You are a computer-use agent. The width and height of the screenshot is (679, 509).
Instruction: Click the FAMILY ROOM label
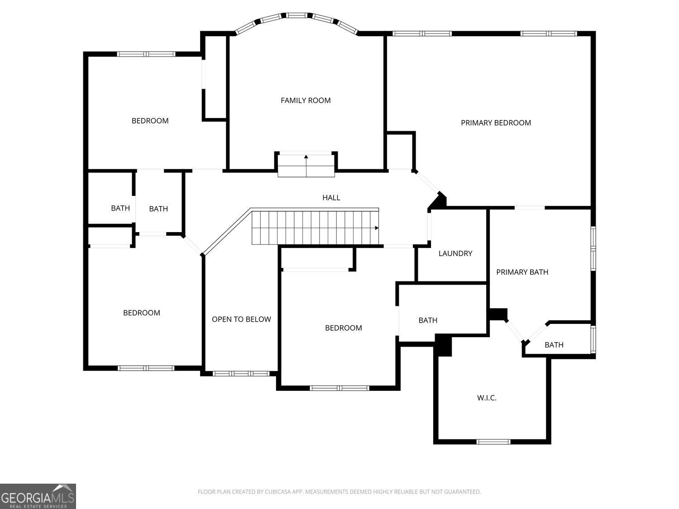coord(306,100)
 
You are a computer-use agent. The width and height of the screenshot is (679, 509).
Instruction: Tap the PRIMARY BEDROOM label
coord(496,123)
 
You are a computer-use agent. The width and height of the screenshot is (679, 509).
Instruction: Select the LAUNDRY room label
coord(455,253)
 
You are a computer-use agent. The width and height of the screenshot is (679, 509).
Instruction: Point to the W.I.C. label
coord(487,398)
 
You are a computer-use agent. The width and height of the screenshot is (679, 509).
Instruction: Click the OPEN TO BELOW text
coord(241,319)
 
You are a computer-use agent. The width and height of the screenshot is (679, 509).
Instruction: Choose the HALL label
coord(331,198)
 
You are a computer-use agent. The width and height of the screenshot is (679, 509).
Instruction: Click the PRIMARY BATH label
coord(522,272)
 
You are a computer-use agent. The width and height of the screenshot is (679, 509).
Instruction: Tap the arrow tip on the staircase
coord(377,228)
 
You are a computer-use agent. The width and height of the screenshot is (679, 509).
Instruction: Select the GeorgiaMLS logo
coord(38,496)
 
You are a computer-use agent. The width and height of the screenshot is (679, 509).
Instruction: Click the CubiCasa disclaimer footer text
coord(339,492)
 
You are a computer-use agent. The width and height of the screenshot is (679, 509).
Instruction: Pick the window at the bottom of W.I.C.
coord(493,442)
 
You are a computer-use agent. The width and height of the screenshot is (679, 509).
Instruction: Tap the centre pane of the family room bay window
coord(296,15)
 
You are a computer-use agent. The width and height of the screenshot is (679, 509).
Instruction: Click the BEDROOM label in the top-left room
coord(150,121)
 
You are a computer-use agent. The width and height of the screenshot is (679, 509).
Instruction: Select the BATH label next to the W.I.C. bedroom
coord(428,320)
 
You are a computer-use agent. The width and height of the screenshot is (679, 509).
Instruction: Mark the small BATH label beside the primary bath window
coord(554,345)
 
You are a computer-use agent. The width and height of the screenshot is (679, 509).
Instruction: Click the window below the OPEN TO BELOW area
coord(241,374)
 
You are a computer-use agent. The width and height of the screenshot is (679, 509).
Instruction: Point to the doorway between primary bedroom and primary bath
coord(530,208)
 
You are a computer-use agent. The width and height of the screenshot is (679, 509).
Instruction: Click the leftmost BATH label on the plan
coord(120,208)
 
